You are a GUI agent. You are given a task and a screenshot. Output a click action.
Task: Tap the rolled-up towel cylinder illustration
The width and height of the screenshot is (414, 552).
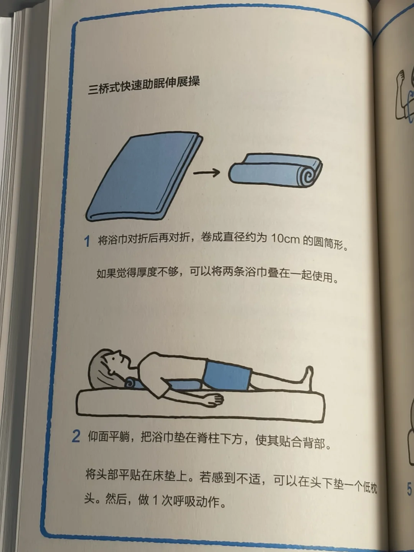275,170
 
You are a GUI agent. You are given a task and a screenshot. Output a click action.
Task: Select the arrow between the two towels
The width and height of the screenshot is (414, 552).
206,172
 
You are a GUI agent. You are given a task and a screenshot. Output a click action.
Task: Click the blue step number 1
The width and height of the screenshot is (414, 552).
87,241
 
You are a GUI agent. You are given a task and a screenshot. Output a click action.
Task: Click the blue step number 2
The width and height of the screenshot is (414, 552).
76,436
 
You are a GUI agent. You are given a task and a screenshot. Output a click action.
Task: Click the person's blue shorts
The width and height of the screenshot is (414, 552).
227,376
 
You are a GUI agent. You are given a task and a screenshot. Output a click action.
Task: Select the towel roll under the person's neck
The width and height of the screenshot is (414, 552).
133,384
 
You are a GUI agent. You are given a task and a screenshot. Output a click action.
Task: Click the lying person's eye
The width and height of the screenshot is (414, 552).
114,358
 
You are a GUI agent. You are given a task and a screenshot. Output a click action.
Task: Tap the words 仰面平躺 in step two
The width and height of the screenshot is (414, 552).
109,436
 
